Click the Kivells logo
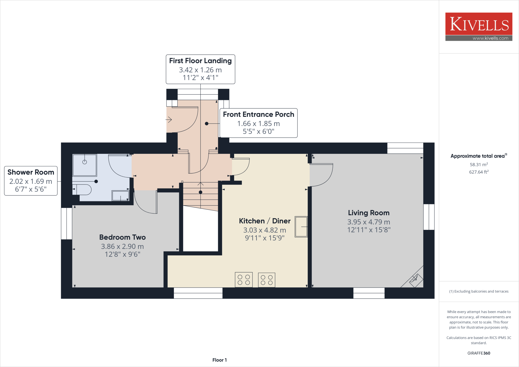[x=479, y=24]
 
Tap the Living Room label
[x=368, y=213]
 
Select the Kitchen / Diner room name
[x=265, y=221]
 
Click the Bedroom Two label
[x=122, y=237]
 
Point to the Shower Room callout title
[x=31, y=172]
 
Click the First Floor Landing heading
[x=200, y=61]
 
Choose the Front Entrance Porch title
[x=258, y=115]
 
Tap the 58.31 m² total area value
[x=479, y=164]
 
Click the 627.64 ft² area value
[x=479, y=172]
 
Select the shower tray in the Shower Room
[x=85, y=165]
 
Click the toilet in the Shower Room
[x=84, y=189]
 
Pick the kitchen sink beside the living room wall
[x=301, y=227]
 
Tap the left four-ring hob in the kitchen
[x=244, y=280]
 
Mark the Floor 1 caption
[x=219, y=360]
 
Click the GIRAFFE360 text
[x=479, y=353]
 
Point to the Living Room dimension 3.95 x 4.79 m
[x=368, y=222]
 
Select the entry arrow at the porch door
[x=169, y=119]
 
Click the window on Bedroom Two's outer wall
[x=67, y=224]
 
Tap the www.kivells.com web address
[x=490, y=38]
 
